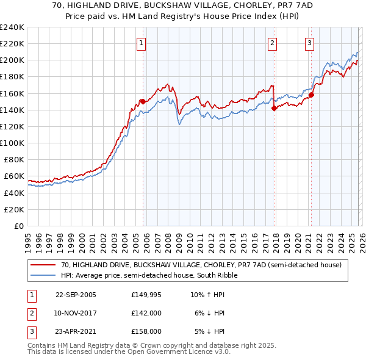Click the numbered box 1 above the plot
[x=141, y=43]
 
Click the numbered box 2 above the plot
[x=271, y=43]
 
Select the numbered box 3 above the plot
[x=310, y=43]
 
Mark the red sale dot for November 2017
[x=274, y=108]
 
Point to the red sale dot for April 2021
[x=311, y=95]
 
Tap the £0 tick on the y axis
[x=20, y=226]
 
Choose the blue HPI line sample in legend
[x=44, y=275]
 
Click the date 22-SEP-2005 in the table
[x=76, y=295]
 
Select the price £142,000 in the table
[x=146, y=313]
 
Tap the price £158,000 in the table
[x=146, y=331]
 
